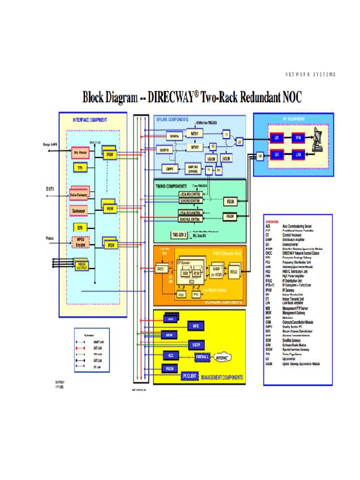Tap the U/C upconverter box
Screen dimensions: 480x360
(277, 138)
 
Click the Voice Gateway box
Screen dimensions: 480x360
(80, 195)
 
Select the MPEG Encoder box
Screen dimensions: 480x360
(80, 242)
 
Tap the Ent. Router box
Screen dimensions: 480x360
(80, 152)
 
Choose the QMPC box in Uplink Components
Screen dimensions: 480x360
(169, 169)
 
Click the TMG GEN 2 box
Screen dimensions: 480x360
(179, 234)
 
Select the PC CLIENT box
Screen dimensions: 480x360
(192, 376)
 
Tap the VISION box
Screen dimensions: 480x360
(169, 369)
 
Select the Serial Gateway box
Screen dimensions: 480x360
(82, 266)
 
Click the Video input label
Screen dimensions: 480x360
(49, 238)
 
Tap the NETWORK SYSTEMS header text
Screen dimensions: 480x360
(310, 75)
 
